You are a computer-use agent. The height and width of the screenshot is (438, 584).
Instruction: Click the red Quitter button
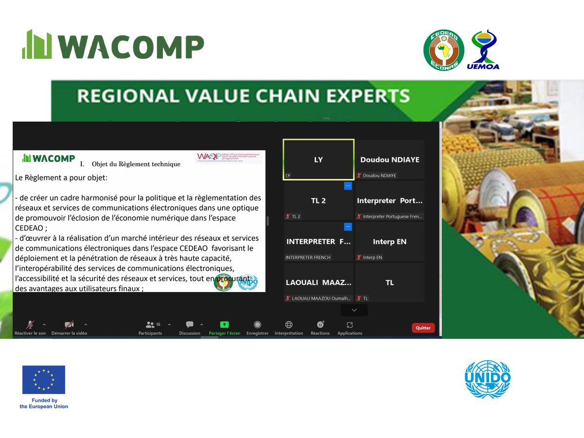pyautogui.click(x=423, y=328)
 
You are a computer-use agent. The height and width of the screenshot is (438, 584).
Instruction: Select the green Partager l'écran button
pyautogui.click(x=224, y=325)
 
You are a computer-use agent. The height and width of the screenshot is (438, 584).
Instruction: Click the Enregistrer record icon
pyautogui.click(x=257, y=325)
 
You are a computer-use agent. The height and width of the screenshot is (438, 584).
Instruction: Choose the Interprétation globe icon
pyautogui.click(x=289, y=325)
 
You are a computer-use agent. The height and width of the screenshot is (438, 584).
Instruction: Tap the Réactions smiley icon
pyautogui.click(x=320, y=325)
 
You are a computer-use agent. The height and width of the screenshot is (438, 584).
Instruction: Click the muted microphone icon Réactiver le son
pyautogui.click(x=30, y=325)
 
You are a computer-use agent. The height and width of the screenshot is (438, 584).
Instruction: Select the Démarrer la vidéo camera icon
pyautogui.click(x=70, y=325)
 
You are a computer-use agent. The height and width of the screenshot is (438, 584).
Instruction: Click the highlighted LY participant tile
pyautogui.click(x=318, y=160)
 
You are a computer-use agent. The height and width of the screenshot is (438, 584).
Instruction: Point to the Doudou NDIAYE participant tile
pyautogui.click(x=389, y=160)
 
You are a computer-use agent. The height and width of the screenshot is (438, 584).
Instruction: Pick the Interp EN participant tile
pyautogui.click(x=389, y=242)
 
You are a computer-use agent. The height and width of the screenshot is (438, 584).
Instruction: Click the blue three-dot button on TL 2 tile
pyautogui.click(x=348, y=185)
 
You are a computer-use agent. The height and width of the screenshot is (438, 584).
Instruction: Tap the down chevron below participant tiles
pyautogui.click(x=354, y=310)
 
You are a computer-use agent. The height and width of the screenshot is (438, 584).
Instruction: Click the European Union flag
pyautogui.click(x=43, y=380)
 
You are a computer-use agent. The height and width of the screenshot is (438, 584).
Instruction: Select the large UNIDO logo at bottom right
pyautogui.click(x=488, y=379)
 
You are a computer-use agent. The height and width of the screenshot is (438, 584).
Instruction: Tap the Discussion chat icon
pyautogui.click(x=190, y=325)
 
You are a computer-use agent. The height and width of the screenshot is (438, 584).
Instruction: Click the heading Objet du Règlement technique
pyautogui.click(x=136, y=164)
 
